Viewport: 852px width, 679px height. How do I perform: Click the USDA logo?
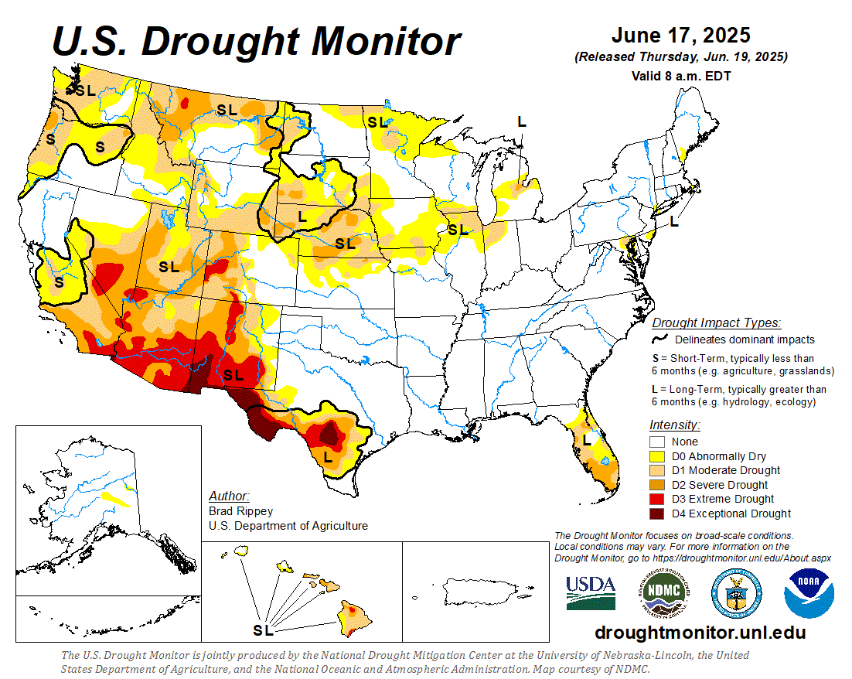click(591, 593)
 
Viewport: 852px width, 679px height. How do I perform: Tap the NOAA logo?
click(809, 593)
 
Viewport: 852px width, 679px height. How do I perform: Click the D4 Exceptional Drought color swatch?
click(659, 514)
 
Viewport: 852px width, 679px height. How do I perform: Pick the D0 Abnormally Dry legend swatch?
click(659, 456)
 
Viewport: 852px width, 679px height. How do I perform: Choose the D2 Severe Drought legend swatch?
click(659, 485)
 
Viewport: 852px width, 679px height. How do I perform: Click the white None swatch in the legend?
click(659, 442)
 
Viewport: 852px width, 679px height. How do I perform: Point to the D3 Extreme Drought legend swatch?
click(659, 499)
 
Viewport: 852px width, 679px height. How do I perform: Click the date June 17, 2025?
click(680, 36)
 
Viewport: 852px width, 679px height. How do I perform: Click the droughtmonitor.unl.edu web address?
click(700, 633)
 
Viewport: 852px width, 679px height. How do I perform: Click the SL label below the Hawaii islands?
click(264, 630)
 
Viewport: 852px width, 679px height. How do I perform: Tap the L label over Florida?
click(587, 439)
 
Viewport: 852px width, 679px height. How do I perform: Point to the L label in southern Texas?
click(328, 458)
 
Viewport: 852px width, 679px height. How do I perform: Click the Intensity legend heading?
click(675, 425)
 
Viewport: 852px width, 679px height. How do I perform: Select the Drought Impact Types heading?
click(716, 322)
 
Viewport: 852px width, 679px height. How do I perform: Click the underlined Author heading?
click(229, 496)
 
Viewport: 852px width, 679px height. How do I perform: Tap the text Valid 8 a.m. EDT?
click(680, 76)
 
